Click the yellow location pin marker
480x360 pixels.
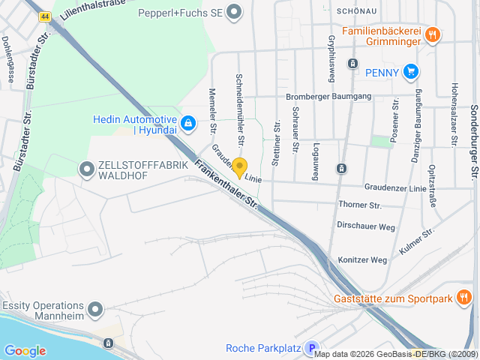click(x=239, y=167)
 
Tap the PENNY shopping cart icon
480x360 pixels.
click(x=410, y=72)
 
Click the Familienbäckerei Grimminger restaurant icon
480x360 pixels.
click(x=432, y=34)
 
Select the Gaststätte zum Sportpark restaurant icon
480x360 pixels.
click(x=464, y=298)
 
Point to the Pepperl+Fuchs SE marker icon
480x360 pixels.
click(x=235, y=12)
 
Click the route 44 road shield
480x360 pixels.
click(x=46, y=16)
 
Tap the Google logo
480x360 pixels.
click(x=25, y=350)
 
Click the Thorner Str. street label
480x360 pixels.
click(x=360, y=205)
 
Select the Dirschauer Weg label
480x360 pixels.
click(x=366, y=226)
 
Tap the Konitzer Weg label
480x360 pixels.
click(x=362, y=260)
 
